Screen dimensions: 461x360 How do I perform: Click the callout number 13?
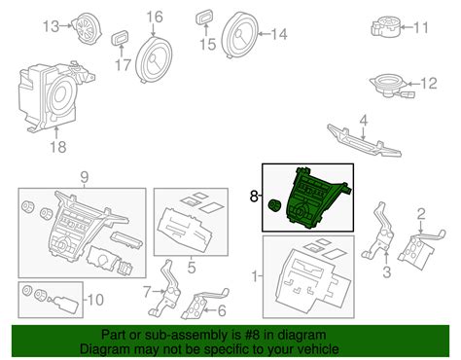52,26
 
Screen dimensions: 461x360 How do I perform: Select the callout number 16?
155,17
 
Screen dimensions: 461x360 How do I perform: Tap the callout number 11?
420,27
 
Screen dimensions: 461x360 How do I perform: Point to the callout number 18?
58,147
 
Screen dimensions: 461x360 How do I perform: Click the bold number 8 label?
254,196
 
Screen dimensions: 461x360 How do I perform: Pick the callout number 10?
95,300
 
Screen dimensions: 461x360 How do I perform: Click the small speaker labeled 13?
87,28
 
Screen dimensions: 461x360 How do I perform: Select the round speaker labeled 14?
240,35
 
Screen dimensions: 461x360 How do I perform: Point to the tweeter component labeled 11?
385,27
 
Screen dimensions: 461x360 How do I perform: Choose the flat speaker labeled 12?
391,86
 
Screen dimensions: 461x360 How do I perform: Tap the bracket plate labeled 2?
420,248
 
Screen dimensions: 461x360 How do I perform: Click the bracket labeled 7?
165,289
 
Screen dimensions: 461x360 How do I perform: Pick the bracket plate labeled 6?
203,304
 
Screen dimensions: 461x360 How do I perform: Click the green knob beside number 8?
275,205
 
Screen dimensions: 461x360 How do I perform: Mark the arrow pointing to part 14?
265,33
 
